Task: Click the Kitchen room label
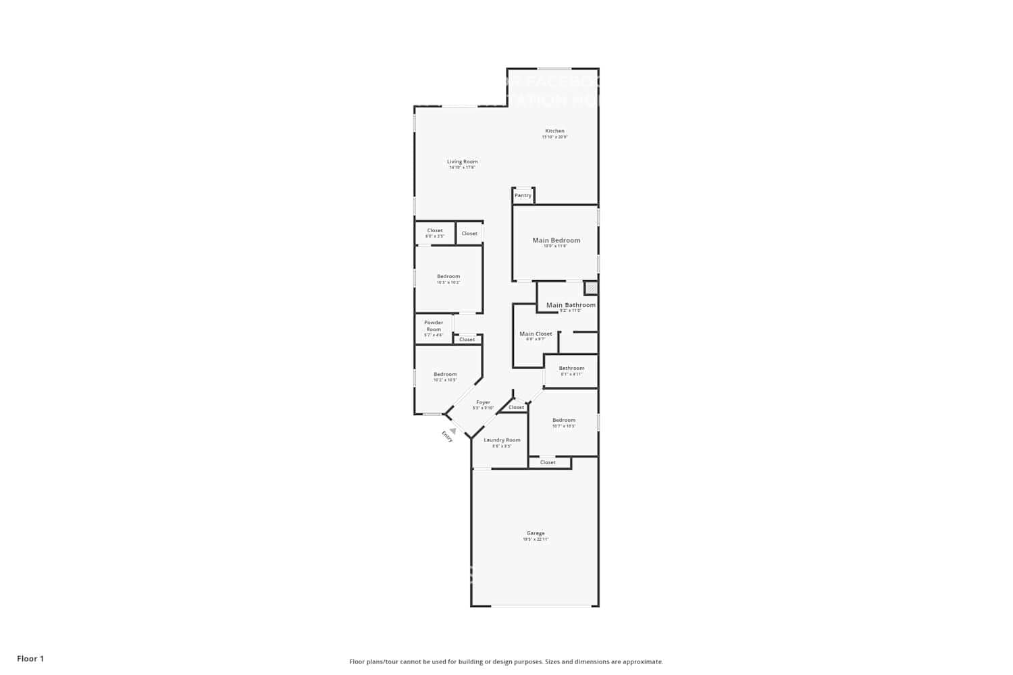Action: (x=554, y=131)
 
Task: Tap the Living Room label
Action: (x=462, y=161)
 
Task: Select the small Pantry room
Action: (x=523, y=196)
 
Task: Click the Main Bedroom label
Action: (x=556, y=240)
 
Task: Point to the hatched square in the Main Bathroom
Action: (x=591, y=288)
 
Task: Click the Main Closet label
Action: (x=536, y=334)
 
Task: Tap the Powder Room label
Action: (x=434, y=325)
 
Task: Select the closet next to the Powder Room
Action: (x=467, y=340)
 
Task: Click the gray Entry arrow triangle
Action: (x=453, y=430)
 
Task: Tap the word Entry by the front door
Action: (x=447, y=437)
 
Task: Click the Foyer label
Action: (x=483, y=402)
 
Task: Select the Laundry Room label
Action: (x=502, y=440)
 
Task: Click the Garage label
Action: (x=535, y=533)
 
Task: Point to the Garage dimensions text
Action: (x=535, y=539)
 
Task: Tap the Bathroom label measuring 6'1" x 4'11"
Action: (x=571, y=369)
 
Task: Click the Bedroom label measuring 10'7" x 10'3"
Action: (x=564, y=420)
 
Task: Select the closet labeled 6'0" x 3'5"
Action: (x=435, y=233)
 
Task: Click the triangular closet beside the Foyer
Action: (x=516, y=407)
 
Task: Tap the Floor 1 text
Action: (x=30, y=659)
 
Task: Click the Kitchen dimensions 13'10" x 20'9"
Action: (x=554, y=137)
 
